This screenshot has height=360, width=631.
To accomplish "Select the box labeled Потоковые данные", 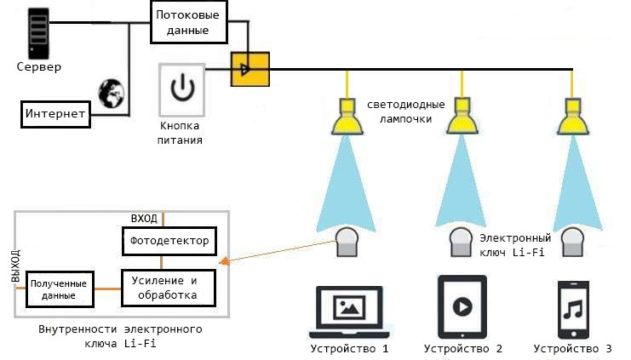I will pos(192,22).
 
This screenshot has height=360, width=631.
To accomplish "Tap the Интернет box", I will pos(55,113).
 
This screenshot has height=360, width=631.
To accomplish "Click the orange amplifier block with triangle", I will pos(249,70).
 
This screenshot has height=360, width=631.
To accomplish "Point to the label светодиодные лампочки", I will pos(405,111).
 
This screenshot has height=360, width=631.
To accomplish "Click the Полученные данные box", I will pos(57,288).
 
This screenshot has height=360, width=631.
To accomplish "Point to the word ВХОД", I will pos(144,219).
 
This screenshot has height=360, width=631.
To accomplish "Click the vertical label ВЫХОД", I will pos(14,267).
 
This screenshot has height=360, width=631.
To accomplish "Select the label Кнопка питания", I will pos(181,133).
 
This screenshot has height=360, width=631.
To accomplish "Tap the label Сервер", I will pos(39,66).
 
